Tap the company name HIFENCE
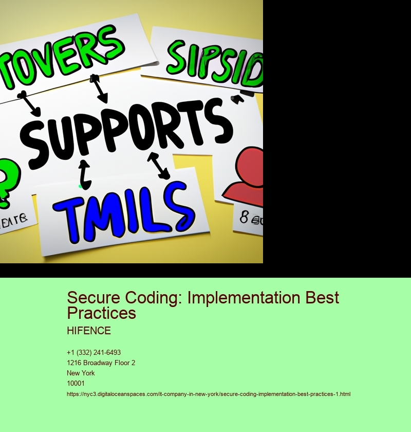(x=88, y=331)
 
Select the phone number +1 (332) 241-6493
(x=94, y=352)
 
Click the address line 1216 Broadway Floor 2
(x=101, y=363)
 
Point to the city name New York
(x=81, y=373)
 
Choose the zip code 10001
(x=76, y=383)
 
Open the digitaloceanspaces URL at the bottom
(x=208, y=394)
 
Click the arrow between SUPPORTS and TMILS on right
(x=159, y=166)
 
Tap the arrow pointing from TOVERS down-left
(x=30, y=103)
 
